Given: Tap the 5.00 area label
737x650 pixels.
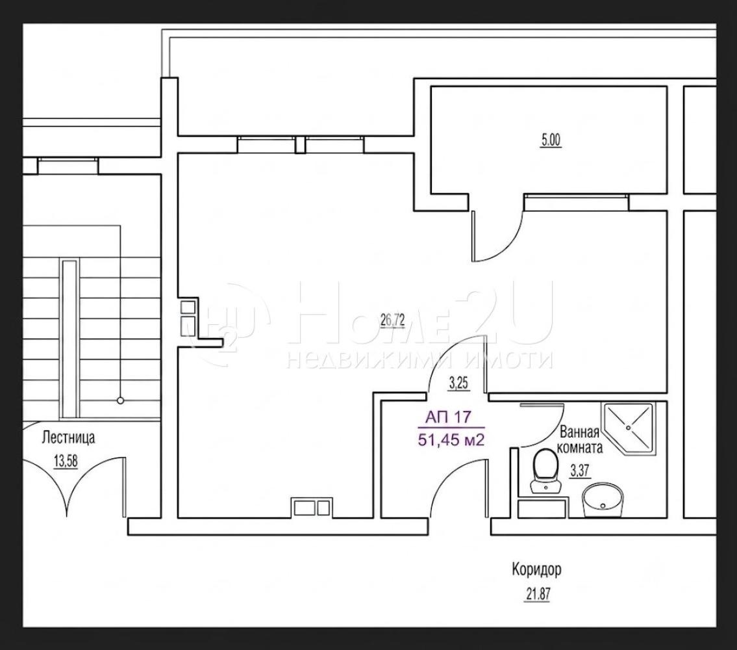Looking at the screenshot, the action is [x=551, y=140].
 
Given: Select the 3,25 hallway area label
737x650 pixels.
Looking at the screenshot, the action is [x=458, y=383].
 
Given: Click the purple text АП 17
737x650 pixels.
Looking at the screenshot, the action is [x=448, y=417].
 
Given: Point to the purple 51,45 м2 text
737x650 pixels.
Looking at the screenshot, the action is [x=451, y=440].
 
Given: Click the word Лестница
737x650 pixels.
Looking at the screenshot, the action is [x=68, y=437].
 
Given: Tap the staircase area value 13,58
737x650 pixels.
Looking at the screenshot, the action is [x=66, y=461].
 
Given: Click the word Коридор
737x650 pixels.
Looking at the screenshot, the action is [x=536, y=570].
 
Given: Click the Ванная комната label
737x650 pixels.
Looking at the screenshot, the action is [x=580, y=439].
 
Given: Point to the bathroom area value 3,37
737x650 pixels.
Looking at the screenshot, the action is [x=580, y=471].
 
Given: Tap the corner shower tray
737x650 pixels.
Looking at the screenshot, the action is [x=629, y=428].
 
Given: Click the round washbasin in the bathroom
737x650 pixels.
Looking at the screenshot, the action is [x=603, y=500].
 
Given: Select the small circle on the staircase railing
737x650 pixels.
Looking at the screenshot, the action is [x=120, y=400].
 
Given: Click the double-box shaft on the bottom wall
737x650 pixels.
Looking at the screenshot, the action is [x=311, y=507].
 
